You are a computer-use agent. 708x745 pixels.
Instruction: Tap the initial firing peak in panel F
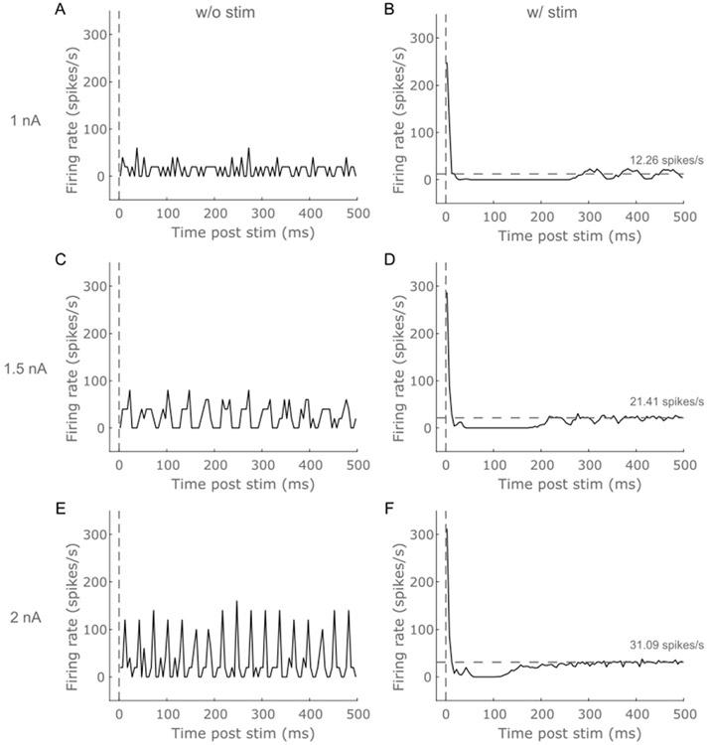point(447,529)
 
